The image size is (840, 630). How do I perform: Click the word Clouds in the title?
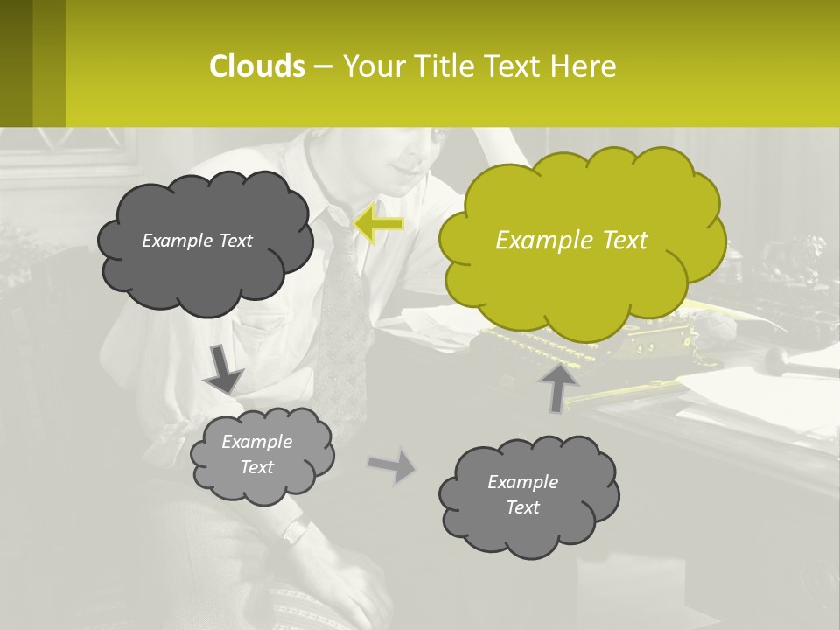point(257,66)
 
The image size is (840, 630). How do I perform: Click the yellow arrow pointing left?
point(378,224)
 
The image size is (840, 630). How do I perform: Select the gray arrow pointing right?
point(393,465)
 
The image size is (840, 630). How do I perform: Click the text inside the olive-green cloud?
point(571,241)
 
